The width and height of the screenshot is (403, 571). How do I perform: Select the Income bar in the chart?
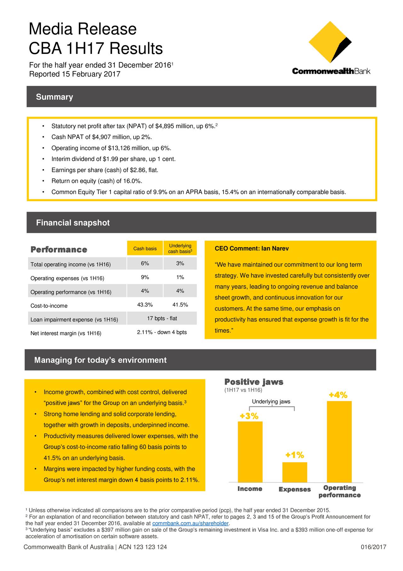click(250, 452)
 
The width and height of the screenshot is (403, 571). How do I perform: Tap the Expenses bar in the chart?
click(295, 472)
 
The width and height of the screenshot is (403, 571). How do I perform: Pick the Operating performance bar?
click(339, 441)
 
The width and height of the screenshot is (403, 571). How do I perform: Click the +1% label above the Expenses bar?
click(295, 455)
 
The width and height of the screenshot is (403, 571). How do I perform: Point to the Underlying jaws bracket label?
click(271, 401)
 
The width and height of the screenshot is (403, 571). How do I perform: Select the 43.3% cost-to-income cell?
click(145, 305)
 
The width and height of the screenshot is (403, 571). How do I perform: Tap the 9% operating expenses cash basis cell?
click(145, 277)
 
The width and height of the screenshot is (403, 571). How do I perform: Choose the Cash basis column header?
click(145, 249)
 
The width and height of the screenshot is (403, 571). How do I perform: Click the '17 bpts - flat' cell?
click(162, 318)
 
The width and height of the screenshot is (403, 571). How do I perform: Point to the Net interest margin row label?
click(66, 333)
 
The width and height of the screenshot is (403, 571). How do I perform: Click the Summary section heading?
click(54, 97)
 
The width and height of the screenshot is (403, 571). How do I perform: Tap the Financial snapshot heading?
click(73, 223)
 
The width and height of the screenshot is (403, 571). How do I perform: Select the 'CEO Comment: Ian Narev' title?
click(252, 249)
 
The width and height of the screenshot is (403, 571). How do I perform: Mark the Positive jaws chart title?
click(254, 382)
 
